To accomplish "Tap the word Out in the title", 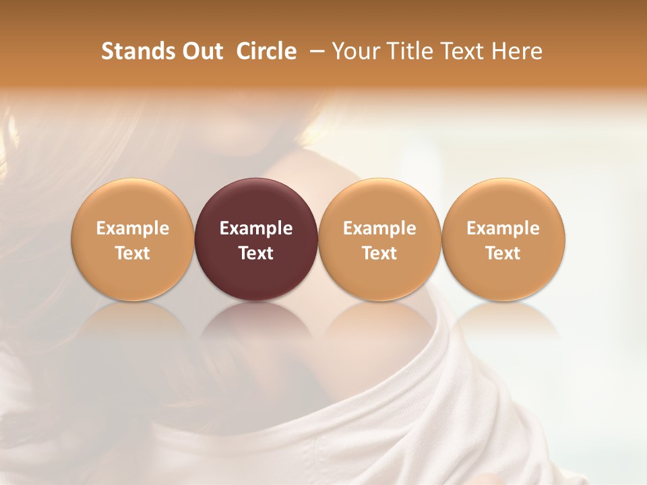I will [202, 51].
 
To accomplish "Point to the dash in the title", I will [314, 51].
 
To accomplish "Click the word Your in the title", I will [354, 51].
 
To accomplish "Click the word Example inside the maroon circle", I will [256, 228].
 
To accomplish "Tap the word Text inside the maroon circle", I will [256, 253].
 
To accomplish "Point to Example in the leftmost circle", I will [133, 228].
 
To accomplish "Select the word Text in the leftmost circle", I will [133, 253].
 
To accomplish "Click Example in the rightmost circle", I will [503, 228].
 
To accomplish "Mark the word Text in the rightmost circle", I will [503, 253].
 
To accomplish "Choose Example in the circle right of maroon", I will [379, 228].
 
